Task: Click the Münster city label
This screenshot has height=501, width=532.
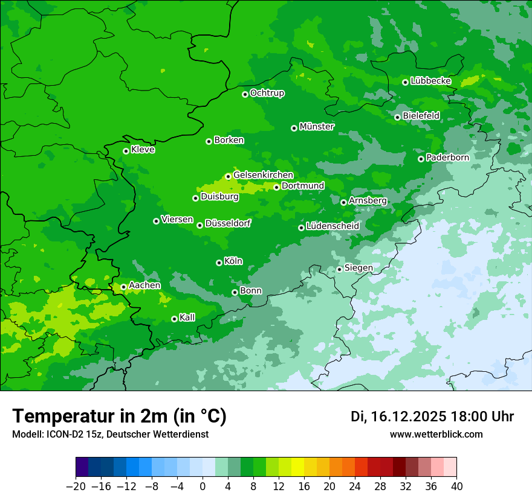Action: click(316, 127)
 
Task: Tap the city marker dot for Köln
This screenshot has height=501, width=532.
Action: click(219, 263)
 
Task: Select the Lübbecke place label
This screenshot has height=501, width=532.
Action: click(430, 81)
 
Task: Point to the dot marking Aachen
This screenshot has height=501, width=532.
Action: click(123, 287)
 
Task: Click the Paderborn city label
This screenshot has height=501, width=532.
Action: click(447, 158)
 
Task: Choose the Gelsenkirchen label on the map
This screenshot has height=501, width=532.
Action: click(263, 175)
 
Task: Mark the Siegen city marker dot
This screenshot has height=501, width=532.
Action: click(339, 269)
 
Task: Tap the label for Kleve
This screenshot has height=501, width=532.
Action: click(143, 150)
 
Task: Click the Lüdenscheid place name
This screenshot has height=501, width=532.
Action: click(332, 226)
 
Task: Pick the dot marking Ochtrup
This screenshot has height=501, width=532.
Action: click(245, 94)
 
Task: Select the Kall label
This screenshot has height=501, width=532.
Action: click(187, 318)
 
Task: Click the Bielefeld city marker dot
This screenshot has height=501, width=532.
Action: click(397, 117)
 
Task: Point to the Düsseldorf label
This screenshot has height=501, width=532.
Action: click(227, 223)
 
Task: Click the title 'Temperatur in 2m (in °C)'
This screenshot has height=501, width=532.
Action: click(119, 416)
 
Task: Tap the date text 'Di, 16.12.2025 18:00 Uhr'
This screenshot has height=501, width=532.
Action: click(432, 416)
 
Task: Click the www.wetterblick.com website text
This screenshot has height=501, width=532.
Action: click(436, 435)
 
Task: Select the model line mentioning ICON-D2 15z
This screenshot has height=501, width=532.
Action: click(110, 435)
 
